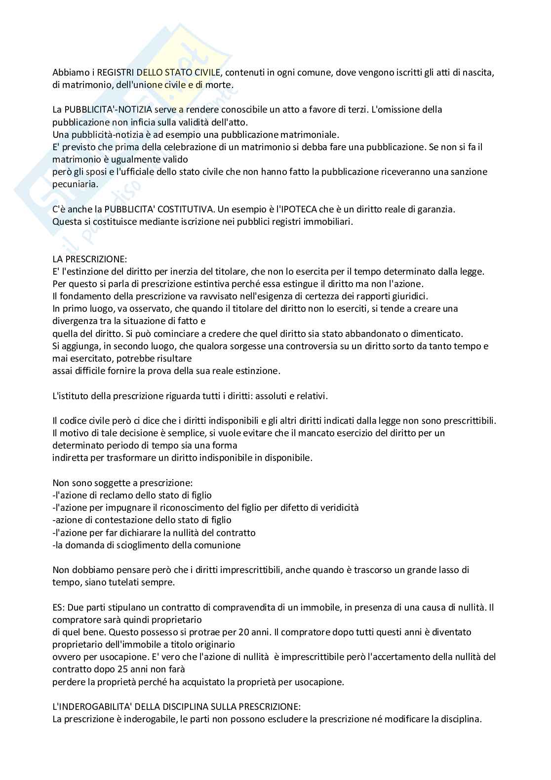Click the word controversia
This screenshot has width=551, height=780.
[291, 346]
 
